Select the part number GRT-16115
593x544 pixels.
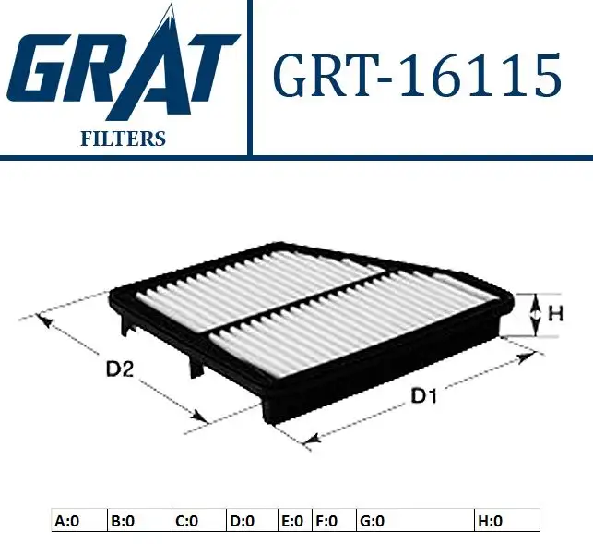417,75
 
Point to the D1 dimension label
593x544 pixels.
423,397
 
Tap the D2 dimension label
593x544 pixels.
120,369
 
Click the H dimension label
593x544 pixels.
555,314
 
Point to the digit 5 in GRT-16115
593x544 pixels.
544,76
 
